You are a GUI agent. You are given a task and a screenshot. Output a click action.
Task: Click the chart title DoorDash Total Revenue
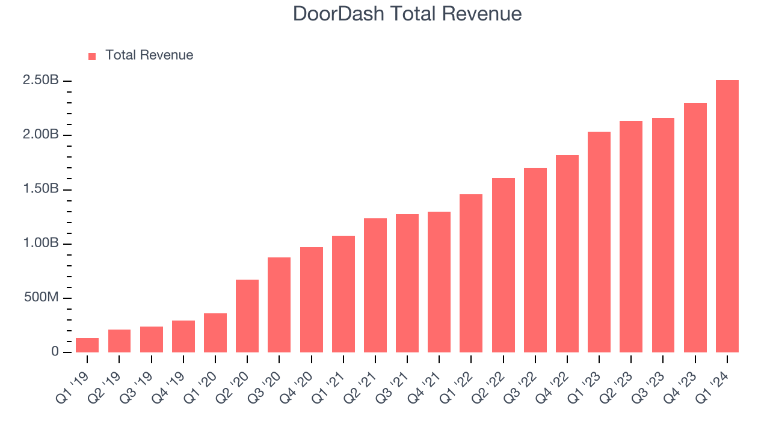pyautogui.click(x=407, y=14)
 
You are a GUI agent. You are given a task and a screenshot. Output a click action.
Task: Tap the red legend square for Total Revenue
pyautogui.click(x=92, y=56)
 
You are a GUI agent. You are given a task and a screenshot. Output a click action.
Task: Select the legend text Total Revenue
pyautogui.click(x=149, y=55)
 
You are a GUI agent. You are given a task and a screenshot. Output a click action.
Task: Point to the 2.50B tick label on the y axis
pyautogui.click(x=40, y=81)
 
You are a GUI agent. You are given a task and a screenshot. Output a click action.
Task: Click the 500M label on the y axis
pyautogui.click(x=40, y=298)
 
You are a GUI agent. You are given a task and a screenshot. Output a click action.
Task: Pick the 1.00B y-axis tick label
pyautogui.click(x=40, y=244)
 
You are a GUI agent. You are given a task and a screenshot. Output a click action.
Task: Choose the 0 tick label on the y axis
pyautogui.click(x=55, y=352)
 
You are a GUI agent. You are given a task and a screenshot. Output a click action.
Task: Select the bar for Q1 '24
pyautogui.click(x=727, y=216)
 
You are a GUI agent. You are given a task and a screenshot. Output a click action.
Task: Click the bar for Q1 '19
pyautogui.click(x=87, y=345)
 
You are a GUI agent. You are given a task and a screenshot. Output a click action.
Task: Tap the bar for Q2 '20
pyautogui.click(x=247, y=316)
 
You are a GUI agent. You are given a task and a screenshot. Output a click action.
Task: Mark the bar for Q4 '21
pyautogui.click(x=439, y=282)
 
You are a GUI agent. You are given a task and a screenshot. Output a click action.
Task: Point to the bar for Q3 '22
pyautogui.click(x=535, y=260)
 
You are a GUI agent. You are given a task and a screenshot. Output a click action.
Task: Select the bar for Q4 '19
pyautogui.click(x=183, y=337)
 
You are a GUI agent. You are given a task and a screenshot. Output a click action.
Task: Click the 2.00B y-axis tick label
pyautogui.click(x=40, y=135)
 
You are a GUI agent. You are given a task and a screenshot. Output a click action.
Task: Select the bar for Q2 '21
pyautogui.click(x=375, y=286)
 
